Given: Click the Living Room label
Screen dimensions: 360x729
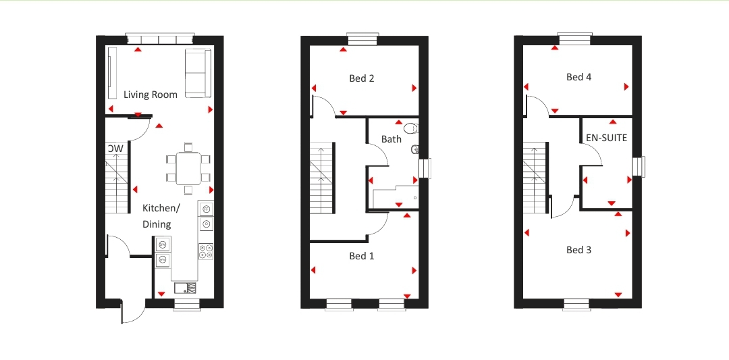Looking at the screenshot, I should pyautogui.click(x=151, y=95).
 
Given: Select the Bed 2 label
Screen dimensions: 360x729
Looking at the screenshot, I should pyautogui.click(x=362, y=78).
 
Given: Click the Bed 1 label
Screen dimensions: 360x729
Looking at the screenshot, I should pyautogui.click(x=362, y=256).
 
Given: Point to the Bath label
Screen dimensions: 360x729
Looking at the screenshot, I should pyautogui.click(x=391, y=139).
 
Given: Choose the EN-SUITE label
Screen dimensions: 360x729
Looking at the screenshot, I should pyautogui.click(x=606, y=138).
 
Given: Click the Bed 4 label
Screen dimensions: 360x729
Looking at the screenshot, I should pyautogui.click(x=578, y=77).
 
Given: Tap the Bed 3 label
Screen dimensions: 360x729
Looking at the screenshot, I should pyautogui.click(x=578, y=250).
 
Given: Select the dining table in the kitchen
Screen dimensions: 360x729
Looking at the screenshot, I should pyautogui.click(x=188, y=168).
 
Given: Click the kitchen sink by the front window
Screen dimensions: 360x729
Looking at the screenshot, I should pyautogui.click(x=185, y=288).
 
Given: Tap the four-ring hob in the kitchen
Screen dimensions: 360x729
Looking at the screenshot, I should pyautogui.click(x=206, y=251).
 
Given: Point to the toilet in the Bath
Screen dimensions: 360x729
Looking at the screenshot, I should pyautogui.click(x=410, y=128).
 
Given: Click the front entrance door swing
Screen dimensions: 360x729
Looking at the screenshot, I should pyautogui.click(x=133, y=312).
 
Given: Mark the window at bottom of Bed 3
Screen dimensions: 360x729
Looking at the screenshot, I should pyautogui.click(x=576, y=305).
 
